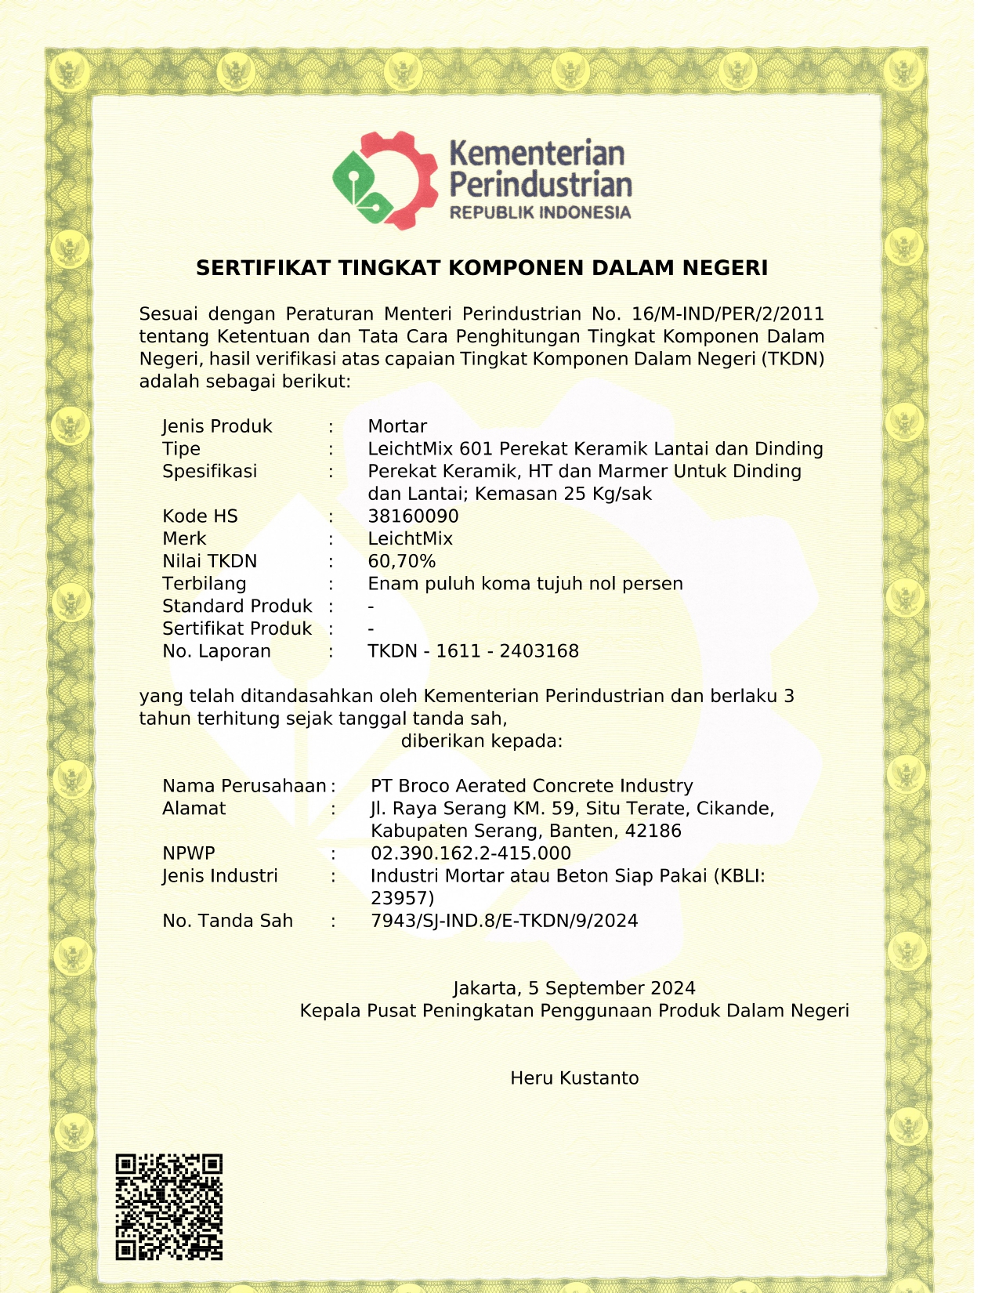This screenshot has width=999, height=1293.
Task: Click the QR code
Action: coord(169,1207)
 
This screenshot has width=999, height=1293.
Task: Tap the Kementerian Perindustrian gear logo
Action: coord(385,180)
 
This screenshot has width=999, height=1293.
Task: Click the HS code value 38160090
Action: coord(413,516)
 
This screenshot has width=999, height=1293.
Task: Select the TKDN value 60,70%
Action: coord(401,561)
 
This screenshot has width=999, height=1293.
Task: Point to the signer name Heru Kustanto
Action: coord(574,1078)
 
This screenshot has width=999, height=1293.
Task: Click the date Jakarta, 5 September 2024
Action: coord(574,988)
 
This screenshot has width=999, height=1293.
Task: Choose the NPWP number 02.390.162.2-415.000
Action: coord(471,853)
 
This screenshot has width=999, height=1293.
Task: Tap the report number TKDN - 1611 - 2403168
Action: coord(473,651)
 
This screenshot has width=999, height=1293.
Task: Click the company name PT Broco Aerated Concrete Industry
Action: coord(532,786)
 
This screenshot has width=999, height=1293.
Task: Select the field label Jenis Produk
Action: coord(217,426)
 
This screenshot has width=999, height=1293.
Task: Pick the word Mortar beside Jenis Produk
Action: coord(397,426)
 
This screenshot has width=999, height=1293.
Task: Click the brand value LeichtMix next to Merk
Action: coord(411,539)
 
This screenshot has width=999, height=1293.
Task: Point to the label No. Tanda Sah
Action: coord(227,921)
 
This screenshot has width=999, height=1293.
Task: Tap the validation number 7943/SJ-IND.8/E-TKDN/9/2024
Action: coord(505,921)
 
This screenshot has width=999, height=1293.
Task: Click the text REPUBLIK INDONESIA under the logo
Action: coord(540,212)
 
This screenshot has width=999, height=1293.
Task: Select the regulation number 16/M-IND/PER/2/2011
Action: coord(728,314)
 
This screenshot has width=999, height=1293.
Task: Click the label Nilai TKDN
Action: coord(209,561)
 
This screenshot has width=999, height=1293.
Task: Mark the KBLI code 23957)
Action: coord(402,898)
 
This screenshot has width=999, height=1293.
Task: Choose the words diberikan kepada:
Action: coord(482,741)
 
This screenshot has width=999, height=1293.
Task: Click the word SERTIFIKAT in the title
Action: coord(263,268)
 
